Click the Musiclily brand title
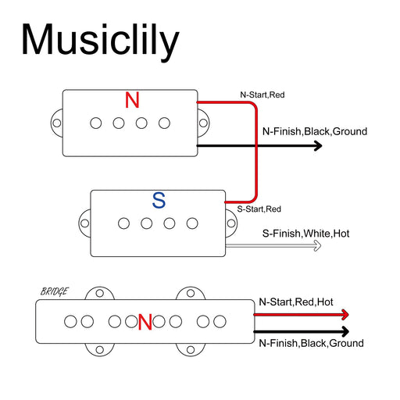pos(100,40)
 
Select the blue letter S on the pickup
pos(159,201)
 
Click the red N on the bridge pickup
pos(145,322)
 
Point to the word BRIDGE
pos(54,292)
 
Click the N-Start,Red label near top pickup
pos(262,95)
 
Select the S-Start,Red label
pos(259,209)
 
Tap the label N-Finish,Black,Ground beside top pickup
pos(314,131)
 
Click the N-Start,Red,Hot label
pos(295,302)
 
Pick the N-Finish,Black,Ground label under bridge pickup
pos(311,343)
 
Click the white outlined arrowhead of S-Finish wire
pos(316,246)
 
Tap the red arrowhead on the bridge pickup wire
pos(344,315)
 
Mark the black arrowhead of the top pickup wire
pos(317,145)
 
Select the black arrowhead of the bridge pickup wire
pos(344,331)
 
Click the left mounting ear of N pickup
pos(57,123)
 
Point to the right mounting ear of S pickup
pos(233,223)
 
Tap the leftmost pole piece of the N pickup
pos(96,123)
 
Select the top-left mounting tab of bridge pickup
pos(99,294)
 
